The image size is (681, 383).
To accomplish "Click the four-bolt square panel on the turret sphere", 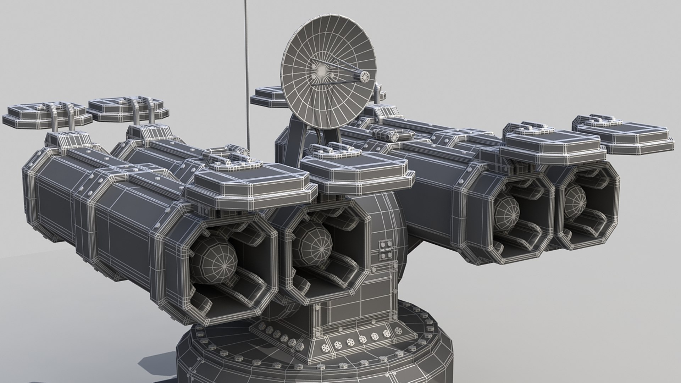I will tap(385, 250).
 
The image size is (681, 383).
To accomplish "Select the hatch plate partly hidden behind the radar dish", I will tap(266, 96).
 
